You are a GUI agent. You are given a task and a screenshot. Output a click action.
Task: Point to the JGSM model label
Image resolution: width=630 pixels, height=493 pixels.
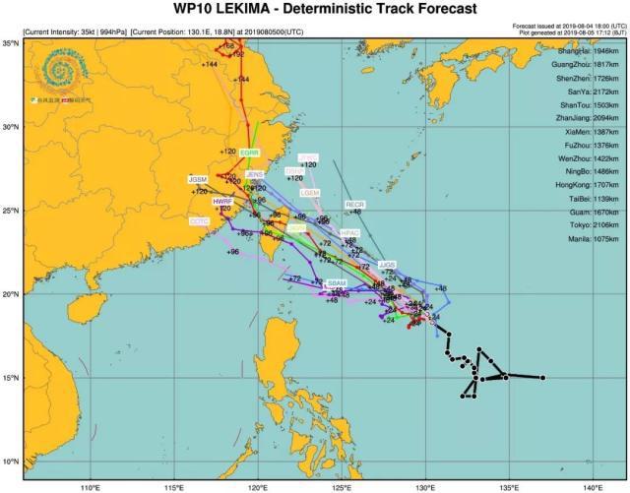coord(198,179)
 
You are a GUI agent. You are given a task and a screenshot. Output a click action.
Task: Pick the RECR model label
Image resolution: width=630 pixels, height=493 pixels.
coord(355,204)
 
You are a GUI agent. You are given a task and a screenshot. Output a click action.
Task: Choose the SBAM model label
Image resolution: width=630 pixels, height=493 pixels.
coord(337,282)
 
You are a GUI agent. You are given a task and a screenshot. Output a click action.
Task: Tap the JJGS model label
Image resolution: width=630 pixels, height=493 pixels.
coord(387,265)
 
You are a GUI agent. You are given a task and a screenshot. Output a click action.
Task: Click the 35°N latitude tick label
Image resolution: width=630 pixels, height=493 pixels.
coord(10,43)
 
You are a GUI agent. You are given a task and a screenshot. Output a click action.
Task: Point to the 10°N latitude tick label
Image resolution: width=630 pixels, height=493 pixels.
coord(10,462)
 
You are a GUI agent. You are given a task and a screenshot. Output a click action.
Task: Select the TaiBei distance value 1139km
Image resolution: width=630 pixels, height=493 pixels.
coord(603,198)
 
